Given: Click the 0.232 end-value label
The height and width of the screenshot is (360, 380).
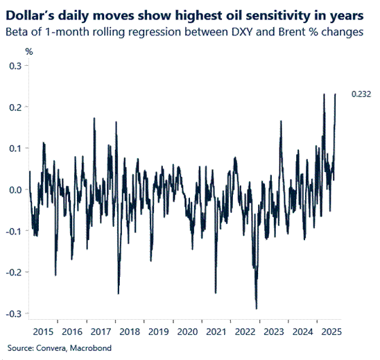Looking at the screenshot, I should pyautogui.click(x=361, y=94).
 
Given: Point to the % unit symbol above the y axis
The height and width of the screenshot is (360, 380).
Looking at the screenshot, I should pyautogui.click(x=29, y=51).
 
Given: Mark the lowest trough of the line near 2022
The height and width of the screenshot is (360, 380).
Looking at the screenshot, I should pyautogui.click(x=257, y=309).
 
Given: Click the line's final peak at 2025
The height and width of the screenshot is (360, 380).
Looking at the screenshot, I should pyautogui.click(x=336, y=94).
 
